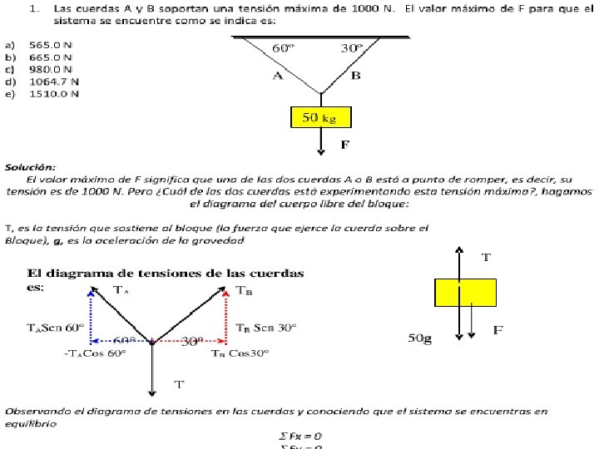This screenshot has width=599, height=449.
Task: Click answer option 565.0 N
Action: click(50, 44)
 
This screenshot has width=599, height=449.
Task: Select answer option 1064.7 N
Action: click(54, 81)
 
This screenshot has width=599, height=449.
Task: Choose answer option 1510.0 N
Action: click(54, 94)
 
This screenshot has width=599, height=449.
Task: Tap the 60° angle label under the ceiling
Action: click(284, 48)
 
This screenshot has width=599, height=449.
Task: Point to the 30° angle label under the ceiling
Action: click(351, 48)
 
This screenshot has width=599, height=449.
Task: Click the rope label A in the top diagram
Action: click(278, 76)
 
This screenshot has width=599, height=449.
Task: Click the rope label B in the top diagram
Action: click(355, 76)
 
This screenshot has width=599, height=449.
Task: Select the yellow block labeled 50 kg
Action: click(320, 117)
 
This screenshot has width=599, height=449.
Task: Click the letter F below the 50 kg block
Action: click(344, 145)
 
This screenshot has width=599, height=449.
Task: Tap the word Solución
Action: click(30, 167)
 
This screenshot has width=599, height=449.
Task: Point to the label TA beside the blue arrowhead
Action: click(121, 290)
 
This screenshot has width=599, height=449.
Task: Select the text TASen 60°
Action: click(56, 328)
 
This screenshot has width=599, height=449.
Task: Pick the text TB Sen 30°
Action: click(266, 328)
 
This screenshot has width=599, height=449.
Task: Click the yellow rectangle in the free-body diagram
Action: click(465, 293)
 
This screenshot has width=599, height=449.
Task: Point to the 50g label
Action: click(420, 338)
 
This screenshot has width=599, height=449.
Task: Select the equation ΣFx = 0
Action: click(300, 436)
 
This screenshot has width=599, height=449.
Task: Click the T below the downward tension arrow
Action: click(179, 384)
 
